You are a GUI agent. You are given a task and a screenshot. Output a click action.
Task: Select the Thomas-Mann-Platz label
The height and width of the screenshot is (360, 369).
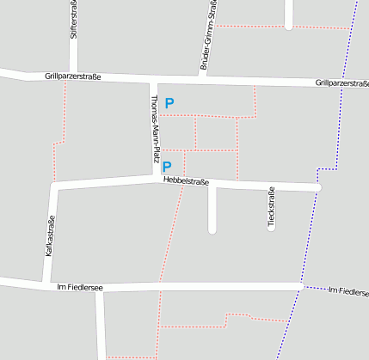(x=154, y=128)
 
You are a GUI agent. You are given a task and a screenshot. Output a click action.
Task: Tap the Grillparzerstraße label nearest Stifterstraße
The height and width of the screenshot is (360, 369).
(x=73, y=76)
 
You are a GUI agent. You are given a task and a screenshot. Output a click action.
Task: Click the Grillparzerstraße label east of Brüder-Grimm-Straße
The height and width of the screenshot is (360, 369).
(x=341, y=83)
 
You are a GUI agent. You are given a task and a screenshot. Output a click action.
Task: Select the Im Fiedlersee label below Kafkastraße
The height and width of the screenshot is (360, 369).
(x=79, y=288)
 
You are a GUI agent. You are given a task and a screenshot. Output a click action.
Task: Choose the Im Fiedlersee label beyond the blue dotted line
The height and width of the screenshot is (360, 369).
(x=348, y=291)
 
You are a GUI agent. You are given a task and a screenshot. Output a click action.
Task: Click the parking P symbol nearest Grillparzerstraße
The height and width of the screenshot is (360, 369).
(x=169, y=103)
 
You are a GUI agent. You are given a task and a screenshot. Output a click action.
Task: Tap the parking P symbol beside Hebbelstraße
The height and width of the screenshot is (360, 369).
(x=167, y=167)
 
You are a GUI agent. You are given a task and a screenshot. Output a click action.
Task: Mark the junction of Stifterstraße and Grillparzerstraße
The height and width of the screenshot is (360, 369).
(x=73, y=76)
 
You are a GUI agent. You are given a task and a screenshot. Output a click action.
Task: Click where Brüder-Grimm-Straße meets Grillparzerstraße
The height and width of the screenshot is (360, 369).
(x=203, y=79)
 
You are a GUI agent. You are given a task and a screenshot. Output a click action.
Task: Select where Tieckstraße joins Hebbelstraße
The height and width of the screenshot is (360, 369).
(x=271, y=186)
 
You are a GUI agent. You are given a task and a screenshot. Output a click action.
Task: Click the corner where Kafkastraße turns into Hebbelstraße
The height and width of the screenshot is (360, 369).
(x=54, y=185)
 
